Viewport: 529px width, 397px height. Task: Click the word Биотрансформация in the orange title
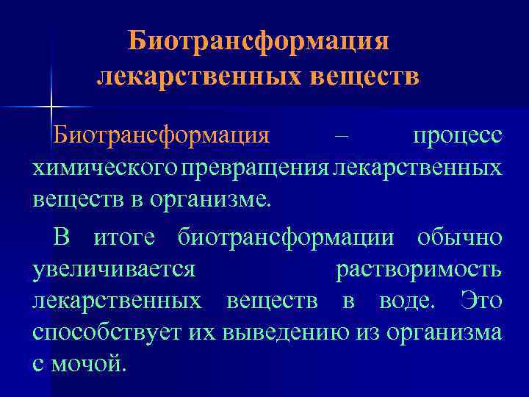258,41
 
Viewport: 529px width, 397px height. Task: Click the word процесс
457,137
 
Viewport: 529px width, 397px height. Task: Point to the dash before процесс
342,137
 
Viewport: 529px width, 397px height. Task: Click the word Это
481,301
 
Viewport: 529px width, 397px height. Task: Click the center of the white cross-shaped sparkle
51,108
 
